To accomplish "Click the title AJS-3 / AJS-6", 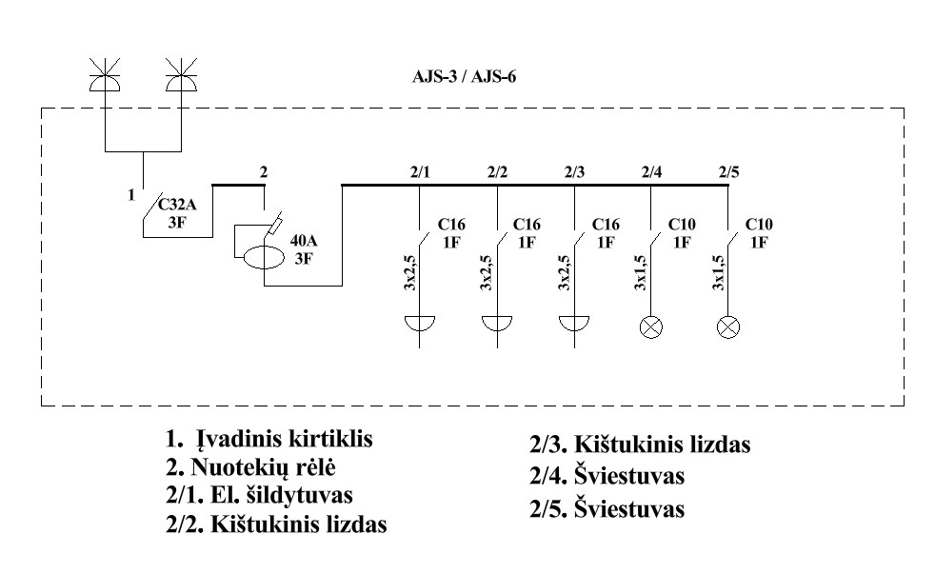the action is coord(464,77).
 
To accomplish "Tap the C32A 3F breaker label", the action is coord(177,213).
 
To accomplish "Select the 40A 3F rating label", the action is coord(304,249).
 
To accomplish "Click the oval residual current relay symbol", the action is coord(264,257).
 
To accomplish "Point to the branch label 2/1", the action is coord(420,172).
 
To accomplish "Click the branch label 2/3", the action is coord(574,172).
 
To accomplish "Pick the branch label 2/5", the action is coord(728,172).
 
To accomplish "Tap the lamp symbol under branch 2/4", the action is coord(650,327).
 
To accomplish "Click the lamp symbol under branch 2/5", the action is coord(727,327).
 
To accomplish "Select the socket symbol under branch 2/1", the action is coord(420,323).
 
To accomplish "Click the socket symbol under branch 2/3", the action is coord(574,323).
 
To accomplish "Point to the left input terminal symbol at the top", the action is coord(105,75).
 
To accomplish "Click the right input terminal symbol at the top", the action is coord(181,75).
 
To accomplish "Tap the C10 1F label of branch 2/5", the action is coord(759,233).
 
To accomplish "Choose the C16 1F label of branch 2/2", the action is coord(527,233).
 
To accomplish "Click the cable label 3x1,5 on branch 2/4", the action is coord(641,272).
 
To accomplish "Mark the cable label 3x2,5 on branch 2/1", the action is coord(409,272).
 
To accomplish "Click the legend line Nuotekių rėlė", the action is coord(250,468).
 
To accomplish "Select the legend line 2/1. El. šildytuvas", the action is coord(259,495).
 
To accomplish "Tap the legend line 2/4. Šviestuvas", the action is coord(607,476).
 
